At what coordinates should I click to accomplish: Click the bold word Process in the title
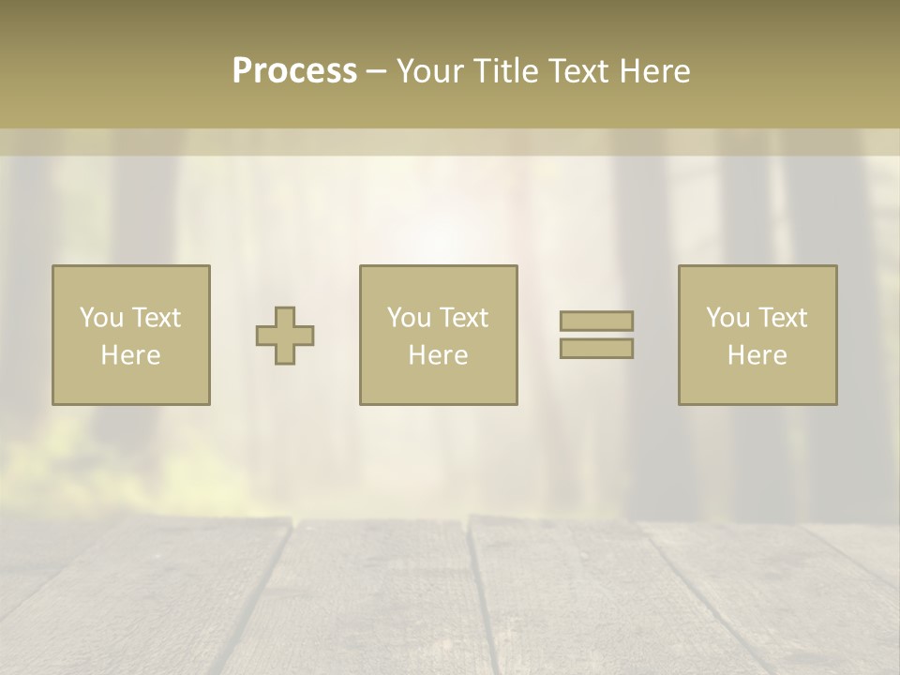(294, 71)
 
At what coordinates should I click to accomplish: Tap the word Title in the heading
(504, 71)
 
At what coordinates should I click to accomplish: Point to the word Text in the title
(575, 71)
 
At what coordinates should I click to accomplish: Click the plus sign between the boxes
(285, 336)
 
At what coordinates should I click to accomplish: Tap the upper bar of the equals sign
(596, 321)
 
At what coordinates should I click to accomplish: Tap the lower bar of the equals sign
(596, 349)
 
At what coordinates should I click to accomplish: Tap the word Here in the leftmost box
(130, 355)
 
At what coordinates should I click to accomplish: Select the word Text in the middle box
(464, 318)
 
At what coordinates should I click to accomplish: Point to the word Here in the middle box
(438, 355)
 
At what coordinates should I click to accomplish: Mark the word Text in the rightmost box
(783, 318)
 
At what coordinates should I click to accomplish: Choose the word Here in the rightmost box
(757, 355)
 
